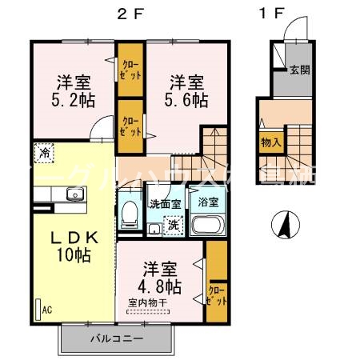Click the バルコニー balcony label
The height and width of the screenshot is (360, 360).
115,338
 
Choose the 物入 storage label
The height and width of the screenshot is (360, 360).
270,142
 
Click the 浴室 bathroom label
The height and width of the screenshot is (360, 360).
208,202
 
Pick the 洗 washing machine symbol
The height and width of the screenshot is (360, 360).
171,226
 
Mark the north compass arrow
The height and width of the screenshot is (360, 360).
282,225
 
